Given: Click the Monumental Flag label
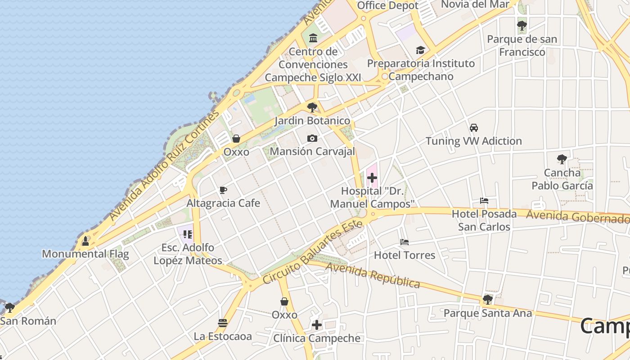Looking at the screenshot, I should (85, 254).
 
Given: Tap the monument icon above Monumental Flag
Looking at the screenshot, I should (85, 241).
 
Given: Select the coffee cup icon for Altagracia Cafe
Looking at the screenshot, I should (223, 190).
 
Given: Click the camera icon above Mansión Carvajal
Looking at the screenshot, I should (312, 138).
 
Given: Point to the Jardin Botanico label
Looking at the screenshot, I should (312, 121).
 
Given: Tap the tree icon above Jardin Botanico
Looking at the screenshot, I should (312, 107).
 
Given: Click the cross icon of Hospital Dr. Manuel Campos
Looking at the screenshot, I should (372, 178).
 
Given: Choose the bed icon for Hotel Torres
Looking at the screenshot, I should (405, 242).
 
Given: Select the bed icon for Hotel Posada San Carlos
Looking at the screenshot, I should (484, 201).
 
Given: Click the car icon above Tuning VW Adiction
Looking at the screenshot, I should (474, 128).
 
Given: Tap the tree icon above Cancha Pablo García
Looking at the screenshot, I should (562, 159).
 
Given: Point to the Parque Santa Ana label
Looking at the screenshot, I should (488, 313).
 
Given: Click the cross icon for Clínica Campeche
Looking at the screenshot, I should (317, 325).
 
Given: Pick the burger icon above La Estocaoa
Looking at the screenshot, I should (222, 323).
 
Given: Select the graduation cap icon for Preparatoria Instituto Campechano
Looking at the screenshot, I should (420, 50).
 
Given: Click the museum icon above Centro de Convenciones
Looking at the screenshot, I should (313, 38).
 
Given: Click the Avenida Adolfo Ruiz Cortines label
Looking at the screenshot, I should (164, 166).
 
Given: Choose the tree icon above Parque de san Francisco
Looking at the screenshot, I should (522, 26).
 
